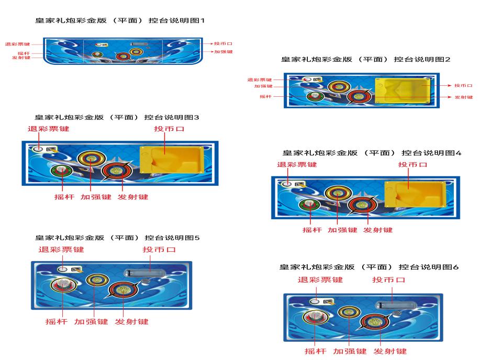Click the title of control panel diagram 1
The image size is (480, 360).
point(120,20)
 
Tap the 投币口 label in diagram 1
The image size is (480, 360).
point(223,43)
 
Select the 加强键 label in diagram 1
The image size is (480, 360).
point(223,52)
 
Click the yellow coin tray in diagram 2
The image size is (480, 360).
point(403,91)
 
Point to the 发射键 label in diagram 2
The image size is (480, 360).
point(463,97)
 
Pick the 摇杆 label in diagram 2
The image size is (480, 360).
point(265,96)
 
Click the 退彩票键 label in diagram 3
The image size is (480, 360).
point(48,129)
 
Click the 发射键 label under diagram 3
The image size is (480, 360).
point(133,197)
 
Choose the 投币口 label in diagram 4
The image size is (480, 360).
point(412,165)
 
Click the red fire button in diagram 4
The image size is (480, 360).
point(362,205)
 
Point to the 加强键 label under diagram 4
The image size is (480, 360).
point(342,230)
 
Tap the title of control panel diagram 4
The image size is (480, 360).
point(372,153)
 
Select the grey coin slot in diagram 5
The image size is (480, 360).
point(144,273)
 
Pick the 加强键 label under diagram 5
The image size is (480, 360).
point(91,321)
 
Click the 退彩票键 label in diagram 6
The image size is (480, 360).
point(320,279)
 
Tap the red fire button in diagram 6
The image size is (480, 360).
point(374,321)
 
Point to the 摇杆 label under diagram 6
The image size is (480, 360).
point(315,351)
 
